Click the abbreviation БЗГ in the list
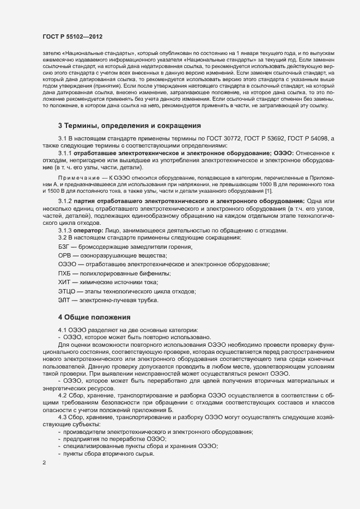point(64,247)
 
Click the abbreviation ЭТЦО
point(66,291)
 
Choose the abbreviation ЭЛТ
point(64,300)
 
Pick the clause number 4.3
point(63,416)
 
